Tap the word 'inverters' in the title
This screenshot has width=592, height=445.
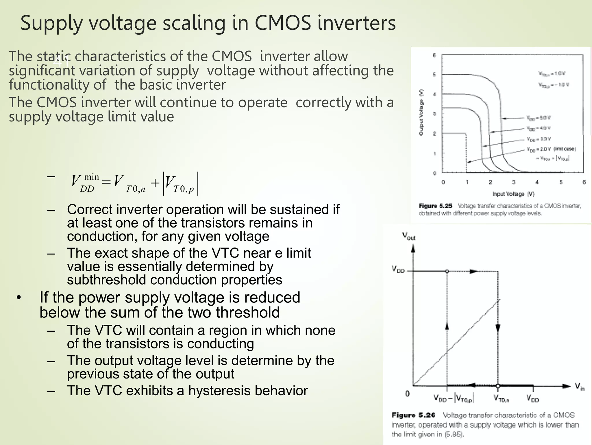356,23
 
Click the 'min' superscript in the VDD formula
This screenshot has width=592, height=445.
91,177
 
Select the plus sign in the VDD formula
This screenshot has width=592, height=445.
155,183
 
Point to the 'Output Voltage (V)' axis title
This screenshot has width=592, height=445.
421,112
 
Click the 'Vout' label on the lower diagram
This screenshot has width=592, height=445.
409,237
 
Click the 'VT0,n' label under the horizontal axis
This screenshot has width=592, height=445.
501,399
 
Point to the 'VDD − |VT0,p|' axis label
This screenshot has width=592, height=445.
453,399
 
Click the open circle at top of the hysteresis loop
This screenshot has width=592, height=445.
447,271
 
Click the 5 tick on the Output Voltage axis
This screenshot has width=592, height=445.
434,74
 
